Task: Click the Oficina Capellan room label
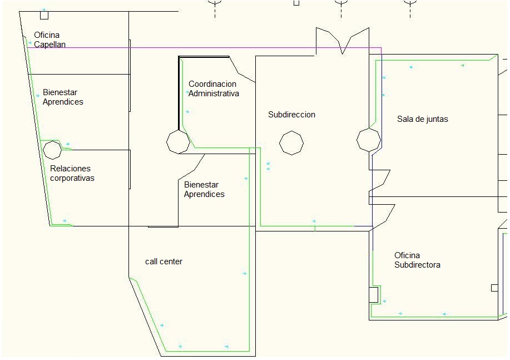coord(49,40)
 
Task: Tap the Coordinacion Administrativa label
coord(214,89)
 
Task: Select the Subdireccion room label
coord(292,115)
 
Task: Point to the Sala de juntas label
coord(423,119)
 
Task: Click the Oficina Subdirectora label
coord(417,260)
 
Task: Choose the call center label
coord(164,262)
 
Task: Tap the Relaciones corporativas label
coord(72,173)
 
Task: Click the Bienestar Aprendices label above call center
coord(204,189)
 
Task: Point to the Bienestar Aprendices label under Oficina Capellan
coord(63,97)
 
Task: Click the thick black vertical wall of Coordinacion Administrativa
coord(179,93)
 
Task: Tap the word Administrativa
coord(214,93)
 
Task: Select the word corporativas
coord(72,178)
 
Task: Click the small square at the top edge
coord(296,3)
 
